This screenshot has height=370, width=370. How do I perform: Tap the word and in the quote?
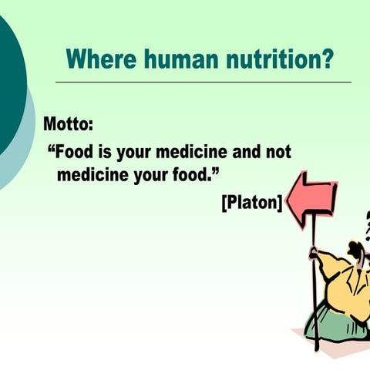click(242, 152)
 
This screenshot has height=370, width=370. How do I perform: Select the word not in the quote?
click(277, 152)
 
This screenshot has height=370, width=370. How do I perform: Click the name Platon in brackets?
click(251, 203)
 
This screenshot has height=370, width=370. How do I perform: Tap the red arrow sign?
click(312, 199)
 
